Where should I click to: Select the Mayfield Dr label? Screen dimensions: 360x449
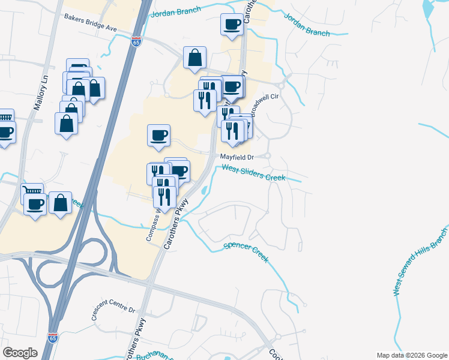tap(237, 157)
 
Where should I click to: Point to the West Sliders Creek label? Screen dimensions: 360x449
tap(262, 174)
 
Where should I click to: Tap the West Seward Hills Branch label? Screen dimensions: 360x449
tap(420, 262)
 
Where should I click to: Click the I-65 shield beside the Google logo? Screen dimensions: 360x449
tap(53, 338)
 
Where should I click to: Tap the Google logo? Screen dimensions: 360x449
tap(20, 352)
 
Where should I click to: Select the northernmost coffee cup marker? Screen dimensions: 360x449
tap(232, 25)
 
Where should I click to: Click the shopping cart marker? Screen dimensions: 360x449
tap(32, 191)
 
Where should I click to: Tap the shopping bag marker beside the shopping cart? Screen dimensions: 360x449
tap(61, 202)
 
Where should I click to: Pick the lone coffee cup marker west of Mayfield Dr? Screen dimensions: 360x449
tap(159, 135)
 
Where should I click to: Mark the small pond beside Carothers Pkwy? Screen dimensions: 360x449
tap(205, 191)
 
